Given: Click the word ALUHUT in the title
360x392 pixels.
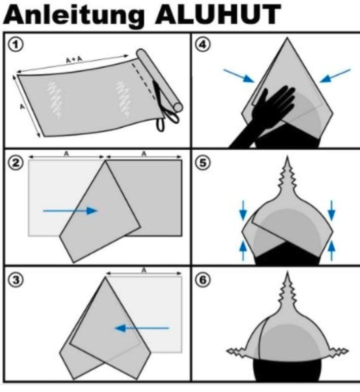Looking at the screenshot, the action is [218, 15].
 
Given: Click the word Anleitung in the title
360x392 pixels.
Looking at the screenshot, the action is [74, 16].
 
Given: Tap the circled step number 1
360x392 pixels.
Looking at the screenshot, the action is [16, 45].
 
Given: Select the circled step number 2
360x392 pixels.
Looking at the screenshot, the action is [16, 163].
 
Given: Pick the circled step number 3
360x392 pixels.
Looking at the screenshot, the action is [16, 280].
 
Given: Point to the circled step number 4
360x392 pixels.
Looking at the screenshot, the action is [202, 45].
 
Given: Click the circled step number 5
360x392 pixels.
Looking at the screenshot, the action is [202, 163].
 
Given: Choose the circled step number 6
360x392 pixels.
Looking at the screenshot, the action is [202, 280].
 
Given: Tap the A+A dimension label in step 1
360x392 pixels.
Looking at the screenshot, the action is [74, 59].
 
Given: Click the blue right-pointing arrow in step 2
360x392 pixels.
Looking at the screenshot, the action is [70, 211].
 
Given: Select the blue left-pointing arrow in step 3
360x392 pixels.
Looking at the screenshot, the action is [142, 328].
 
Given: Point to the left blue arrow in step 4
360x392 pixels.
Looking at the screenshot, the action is [239, 76].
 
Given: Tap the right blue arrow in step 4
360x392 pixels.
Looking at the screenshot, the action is [335, 76].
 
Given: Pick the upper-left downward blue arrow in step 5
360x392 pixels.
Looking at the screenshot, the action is [243, 210].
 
